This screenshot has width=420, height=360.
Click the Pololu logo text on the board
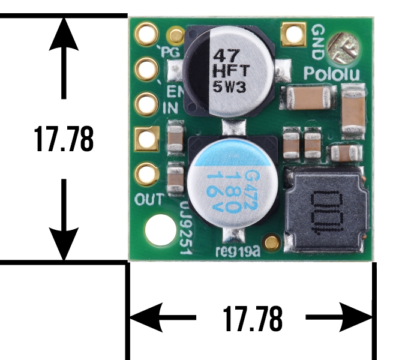(332, 74)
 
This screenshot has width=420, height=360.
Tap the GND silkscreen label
(318, 41)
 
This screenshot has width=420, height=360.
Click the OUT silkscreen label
(149, 199)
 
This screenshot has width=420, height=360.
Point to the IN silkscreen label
(170, 108)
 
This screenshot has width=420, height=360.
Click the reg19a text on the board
(238, 251)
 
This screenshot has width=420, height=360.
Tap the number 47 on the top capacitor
(226, 56)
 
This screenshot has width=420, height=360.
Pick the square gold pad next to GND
(293, 34)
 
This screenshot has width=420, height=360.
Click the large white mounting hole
(161, 230)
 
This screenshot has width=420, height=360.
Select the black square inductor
(326, 209)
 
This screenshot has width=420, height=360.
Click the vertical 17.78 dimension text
(64, 139)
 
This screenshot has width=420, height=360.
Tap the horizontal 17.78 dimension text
(253, 318)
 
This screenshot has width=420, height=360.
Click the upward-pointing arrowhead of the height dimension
(64, 34)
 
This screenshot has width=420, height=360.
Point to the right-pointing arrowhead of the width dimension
(356, 317)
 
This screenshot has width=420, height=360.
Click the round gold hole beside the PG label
(146, 34)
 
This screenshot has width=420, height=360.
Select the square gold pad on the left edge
(147, 139)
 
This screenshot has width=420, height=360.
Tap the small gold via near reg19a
(272, 242)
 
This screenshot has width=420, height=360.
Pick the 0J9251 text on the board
(185, 227)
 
